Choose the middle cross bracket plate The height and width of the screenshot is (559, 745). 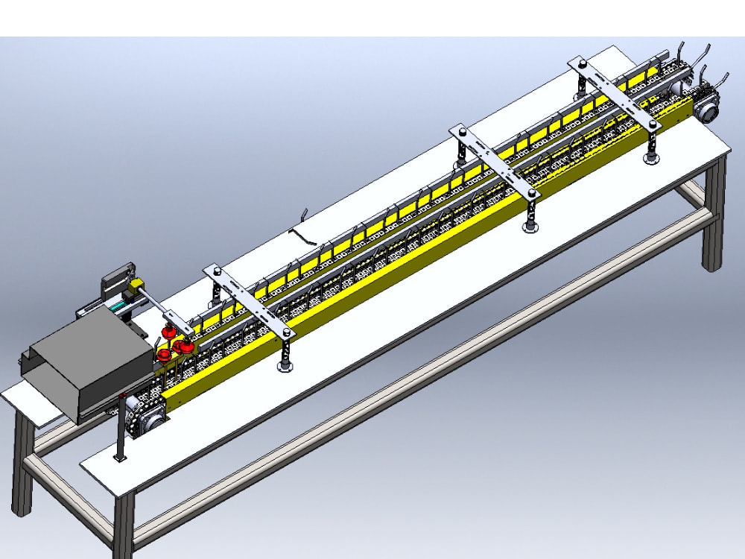495,161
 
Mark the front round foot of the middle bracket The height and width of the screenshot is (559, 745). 530,227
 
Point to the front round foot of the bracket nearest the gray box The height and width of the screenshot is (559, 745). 285,365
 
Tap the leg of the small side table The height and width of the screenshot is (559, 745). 22,470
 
